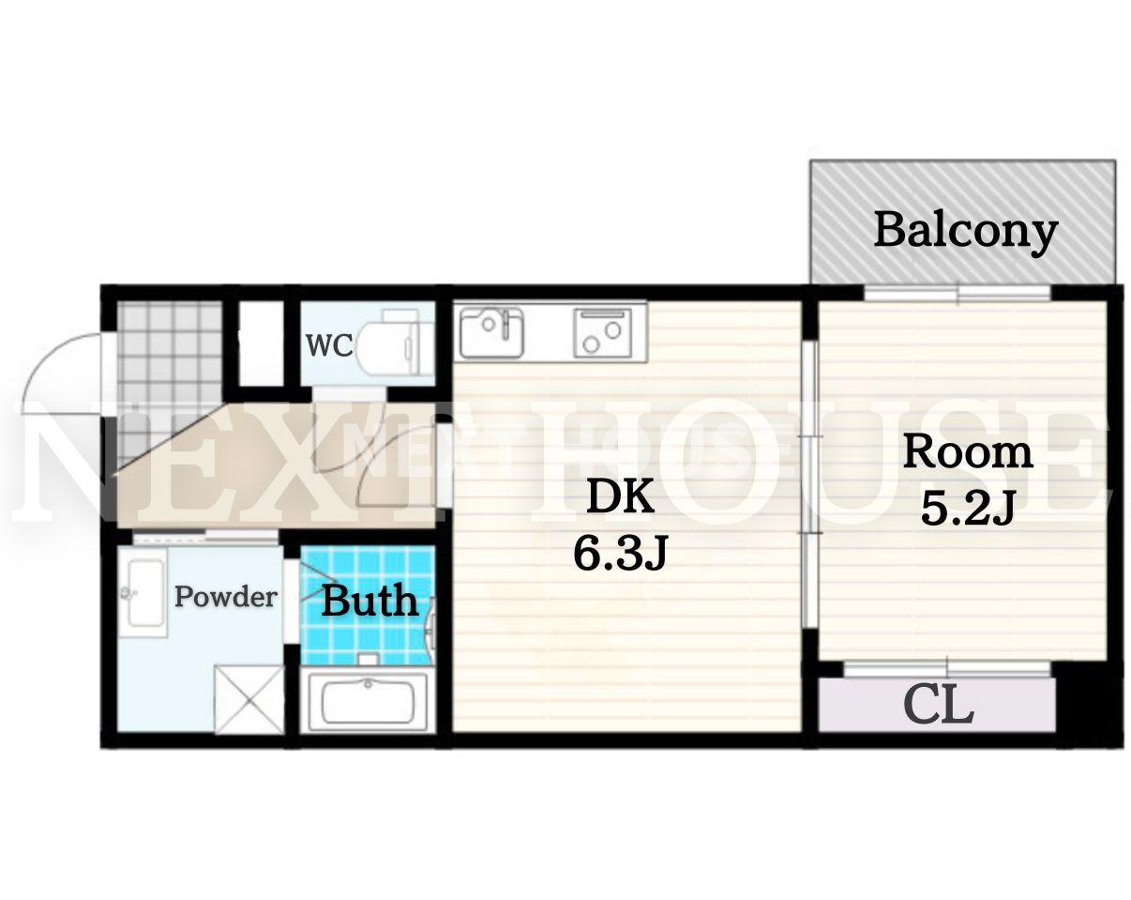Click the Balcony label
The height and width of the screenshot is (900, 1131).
pos(965,233)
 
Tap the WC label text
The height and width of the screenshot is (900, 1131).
pos(329,345)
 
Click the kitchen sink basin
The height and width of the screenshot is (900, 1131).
pos(491,332)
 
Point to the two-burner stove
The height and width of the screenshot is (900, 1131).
pos(602,333)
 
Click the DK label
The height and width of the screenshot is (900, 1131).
pos(620,496)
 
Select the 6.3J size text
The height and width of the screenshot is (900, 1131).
pos(620,553)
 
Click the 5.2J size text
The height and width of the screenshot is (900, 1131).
pos(968,509)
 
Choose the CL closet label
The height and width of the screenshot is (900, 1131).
pos(939,706)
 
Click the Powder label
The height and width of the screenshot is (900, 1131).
pos(226,597)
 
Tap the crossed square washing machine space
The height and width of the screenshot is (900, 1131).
pos(249,699)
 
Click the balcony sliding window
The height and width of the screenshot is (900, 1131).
pos(958,294)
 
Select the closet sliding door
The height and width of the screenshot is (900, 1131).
pos(947,670)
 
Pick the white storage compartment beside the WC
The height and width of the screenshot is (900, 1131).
pos(262,344)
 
